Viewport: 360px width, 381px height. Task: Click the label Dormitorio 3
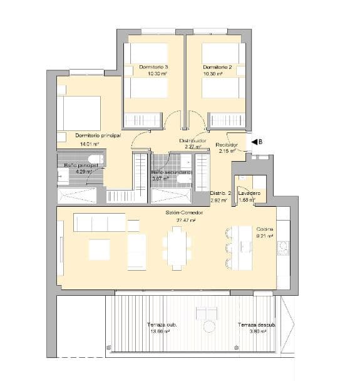pyautogui.click(x=153, y=67)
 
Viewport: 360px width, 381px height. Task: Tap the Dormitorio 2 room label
pyautogui.click(x=217, y=67)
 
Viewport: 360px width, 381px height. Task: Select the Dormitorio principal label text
pyautogui.click(x=98, y=135)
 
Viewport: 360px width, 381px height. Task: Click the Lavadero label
pyautogui.click(x=250, y=193)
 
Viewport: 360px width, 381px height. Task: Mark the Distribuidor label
pyautogui.click(x=193, y=141)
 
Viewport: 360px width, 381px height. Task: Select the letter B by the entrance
pyautogui.click(x=260, y=142)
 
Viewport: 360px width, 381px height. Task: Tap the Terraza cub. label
pyautogui.click(x=161, y=325)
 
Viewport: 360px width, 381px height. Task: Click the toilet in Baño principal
pyautogui.click(x=94, y=158)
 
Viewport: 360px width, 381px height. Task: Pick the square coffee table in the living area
pyautogui.click(x=100, y=249)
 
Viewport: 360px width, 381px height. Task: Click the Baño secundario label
pyautogui.click(x=170, y=172)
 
